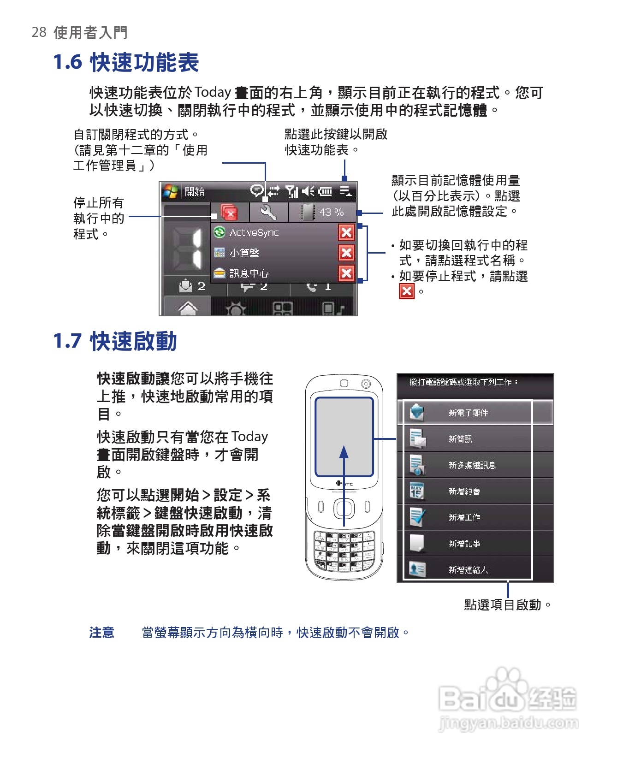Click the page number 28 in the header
(x=39, y=32)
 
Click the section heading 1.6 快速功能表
(x=126, y=62)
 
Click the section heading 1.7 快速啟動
(x=115, y=342)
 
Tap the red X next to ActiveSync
(x=346, y=233)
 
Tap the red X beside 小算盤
(x=346, y=253)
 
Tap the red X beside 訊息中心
(x=346, y=273)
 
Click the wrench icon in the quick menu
(x=268, y=213)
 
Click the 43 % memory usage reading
(x=331, y=212)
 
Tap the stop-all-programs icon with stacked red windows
(x=229, y=213)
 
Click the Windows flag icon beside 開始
(x=171, y=191)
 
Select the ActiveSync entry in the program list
(x=254, y=233)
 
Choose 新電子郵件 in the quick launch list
(x=468, y=413)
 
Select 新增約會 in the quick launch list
(x=464, y=492)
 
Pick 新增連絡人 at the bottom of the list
(x=468, y=570)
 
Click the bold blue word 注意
(x=102, y=633)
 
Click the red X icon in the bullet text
(x=407, y=291)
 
